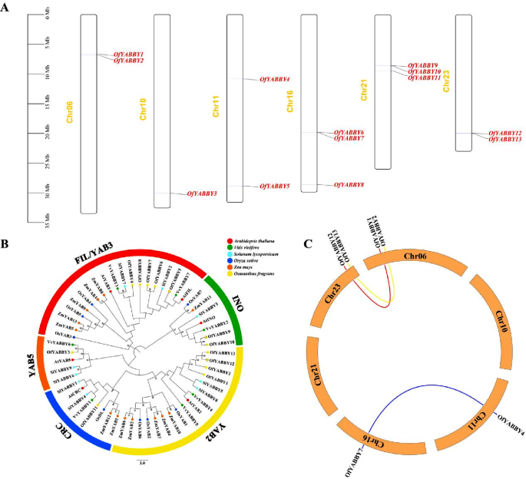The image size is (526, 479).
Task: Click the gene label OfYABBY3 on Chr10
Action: (202, 194)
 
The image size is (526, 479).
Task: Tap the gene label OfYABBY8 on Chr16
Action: (349, 185)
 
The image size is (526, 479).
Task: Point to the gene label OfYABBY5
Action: (274, 187)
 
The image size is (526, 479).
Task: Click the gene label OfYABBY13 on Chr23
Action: (505, 139)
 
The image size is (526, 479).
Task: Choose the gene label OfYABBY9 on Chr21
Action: (423, 66)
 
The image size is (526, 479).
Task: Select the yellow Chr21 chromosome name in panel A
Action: (364, 91)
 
